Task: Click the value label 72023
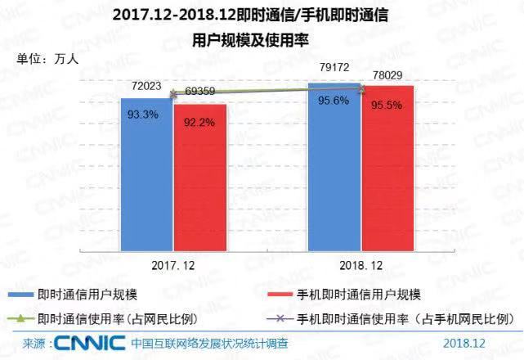[x=146, y=84]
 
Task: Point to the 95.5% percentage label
[x=387, y=105]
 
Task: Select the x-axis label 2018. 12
[x=360, y=266]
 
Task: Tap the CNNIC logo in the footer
[x=89, y=342]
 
